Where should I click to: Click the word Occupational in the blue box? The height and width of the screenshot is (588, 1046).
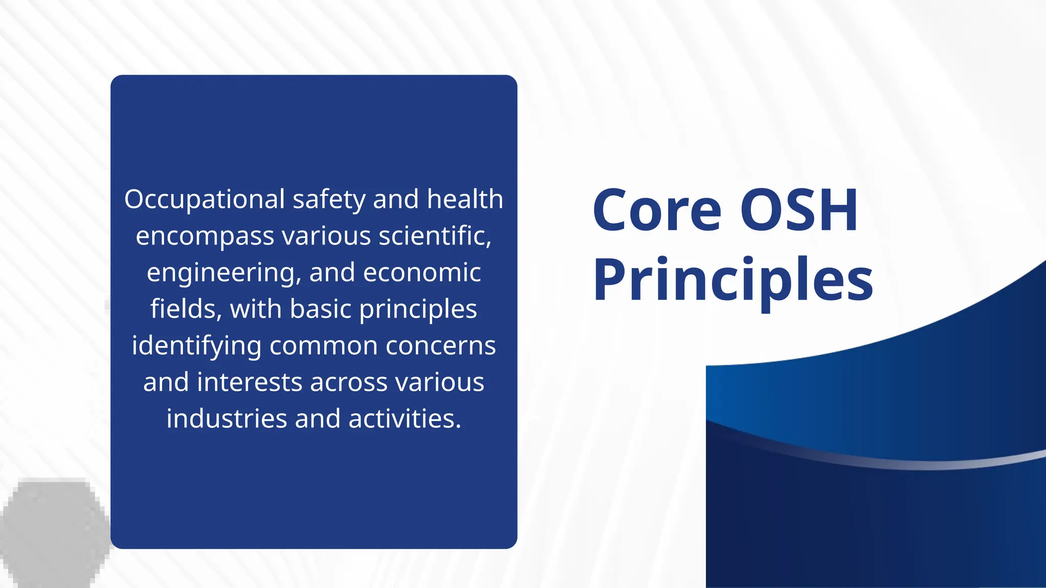(204, 200)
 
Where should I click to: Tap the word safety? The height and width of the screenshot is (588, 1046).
(329, 200)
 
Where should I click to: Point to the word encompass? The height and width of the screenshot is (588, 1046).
(205, 236)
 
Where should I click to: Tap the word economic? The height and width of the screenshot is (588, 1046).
(422, 273)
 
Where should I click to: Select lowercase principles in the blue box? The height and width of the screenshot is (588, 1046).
(418, 310)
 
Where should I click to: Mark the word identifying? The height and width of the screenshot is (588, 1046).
(197, 346)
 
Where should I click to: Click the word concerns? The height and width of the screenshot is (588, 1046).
(441, 346)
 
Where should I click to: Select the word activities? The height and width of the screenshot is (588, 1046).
(405, 419)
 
